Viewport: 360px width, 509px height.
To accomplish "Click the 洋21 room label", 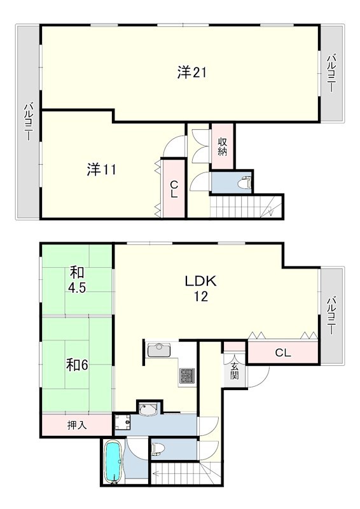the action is coord(192,72).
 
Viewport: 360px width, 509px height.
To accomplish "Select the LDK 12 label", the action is coord(200,288).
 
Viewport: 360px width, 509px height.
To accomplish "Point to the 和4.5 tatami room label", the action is coord(77,280).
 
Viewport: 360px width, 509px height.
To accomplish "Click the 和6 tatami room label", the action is coord(77,365).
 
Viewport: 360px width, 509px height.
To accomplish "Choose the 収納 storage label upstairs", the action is coord(222,147).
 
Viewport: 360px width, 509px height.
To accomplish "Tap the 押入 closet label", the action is coord(77,425).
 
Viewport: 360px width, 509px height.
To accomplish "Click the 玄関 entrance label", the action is coord(235,370).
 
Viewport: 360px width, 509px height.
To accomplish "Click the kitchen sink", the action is coord(159,350).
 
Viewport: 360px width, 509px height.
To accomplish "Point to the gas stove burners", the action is coord(187,375).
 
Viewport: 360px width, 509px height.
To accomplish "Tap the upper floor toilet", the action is coord(245,183).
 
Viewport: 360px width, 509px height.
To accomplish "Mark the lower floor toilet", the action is coord(159,449).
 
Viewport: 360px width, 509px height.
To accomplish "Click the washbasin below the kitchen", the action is coord(148,410).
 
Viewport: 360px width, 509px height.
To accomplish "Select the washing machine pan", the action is coord(123,422).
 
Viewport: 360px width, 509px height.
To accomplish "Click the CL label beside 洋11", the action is coord(174,189).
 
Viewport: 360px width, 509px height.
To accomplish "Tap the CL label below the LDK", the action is coord(283,353).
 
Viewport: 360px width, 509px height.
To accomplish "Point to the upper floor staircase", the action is coord(247,206).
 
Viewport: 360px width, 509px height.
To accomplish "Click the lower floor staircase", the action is coord(186,473).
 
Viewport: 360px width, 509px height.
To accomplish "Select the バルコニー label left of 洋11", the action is coord(29,122).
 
